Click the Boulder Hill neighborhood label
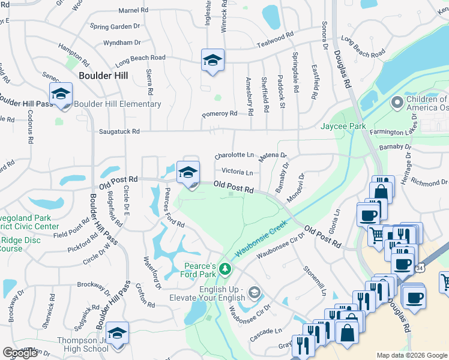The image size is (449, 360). (103, 76)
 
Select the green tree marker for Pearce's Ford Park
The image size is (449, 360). (225, 269)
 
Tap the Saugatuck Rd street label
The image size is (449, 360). (119, 131)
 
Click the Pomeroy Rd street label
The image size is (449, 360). (220, 113)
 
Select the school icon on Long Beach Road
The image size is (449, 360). (212, 61)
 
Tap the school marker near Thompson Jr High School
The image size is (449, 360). (117, 335)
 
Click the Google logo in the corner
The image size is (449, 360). (20, 353)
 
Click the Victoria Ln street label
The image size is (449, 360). (237, 172)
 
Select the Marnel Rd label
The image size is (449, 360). (133, 11)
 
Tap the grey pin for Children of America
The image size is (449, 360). (396, 103)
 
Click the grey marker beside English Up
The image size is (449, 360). (255, 292)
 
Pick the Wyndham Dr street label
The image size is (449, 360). (122, 43)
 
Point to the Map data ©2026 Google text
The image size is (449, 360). (412, 355)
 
